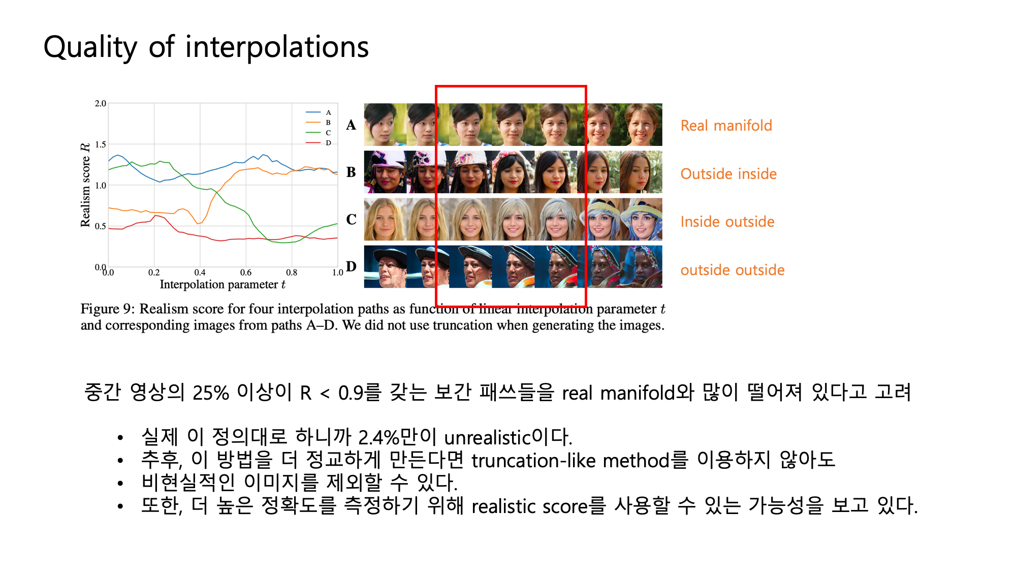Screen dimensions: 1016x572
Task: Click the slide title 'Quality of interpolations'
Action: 206,47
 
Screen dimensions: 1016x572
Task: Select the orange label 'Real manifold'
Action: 726,126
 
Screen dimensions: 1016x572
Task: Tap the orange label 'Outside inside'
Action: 728,174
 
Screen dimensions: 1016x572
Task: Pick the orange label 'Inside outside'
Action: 727,222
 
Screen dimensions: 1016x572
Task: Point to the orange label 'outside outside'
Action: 733,270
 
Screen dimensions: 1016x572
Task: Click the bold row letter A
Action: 351,125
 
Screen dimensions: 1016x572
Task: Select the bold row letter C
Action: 351,220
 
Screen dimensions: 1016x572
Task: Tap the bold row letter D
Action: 351,266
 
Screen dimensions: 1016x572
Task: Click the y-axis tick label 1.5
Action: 101,144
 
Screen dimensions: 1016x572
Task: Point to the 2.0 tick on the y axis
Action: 101,103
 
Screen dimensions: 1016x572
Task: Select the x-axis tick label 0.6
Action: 246,273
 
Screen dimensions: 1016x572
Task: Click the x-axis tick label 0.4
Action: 200,273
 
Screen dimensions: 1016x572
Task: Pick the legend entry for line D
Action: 319,143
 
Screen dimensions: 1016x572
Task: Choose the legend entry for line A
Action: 319,112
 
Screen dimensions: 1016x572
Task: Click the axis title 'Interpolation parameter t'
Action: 223,285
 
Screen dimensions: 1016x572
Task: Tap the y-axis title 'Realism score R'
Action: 85,185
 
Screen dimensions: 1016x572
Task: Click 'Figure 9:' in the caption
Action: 108,309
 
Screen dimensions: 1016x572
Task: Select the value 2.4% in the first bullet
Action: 378,437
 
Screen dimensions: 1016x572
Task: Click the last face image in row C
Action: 641,220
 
